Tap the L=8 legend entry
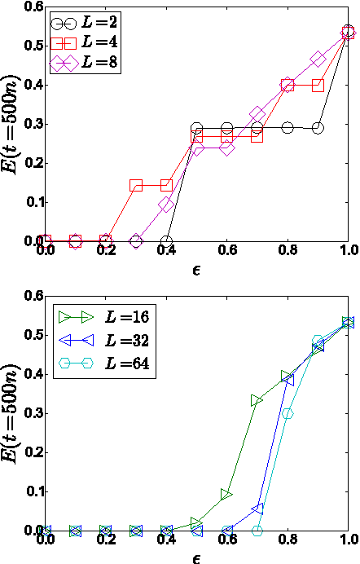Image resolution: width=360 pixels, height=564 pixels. point(86,63)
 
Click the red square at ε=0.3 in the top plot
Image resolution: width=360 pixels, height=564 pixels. point(136,186)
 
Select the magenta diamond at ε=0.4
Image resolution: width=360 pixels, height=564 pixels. point(166,205)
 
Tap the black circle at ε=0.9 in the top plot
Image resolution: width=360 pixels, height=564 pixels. point(318,128)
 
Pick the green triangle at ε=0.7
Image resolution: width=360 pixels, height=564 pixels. point(257,400)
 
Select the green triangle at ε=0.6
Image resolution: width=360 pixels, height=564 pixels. point(227,495)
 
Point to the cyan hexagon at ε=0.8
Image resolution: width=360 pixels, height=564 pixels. point(288,413)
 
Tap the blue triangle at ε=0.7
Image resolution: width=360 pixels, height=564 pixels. point(257,509)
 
